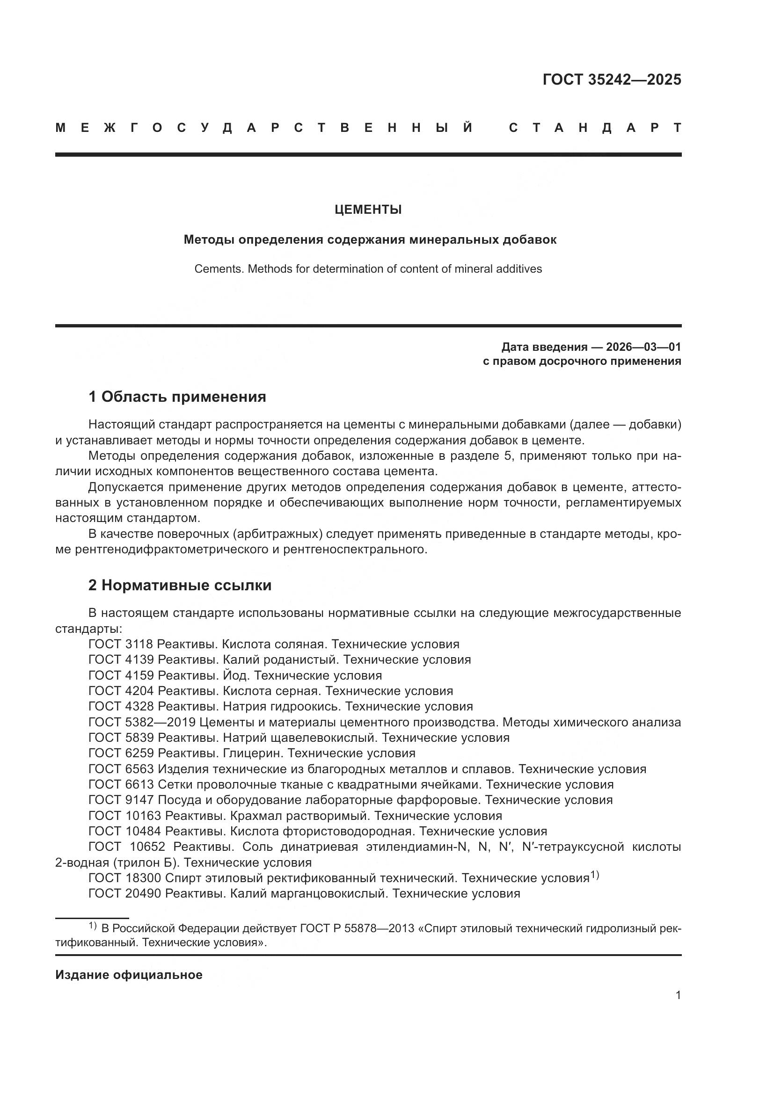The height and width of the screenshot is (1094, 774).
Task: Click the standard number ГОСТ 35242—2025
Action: tap(612, 80)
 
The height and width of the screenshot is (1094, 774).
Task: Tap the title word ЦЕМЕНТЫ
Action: tap(368, 210)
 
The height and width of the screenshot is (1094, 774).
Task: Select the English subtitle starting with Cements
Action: tap(368, 269)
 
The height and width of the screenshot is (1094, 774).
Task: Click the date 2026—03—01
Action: tap(643, 347)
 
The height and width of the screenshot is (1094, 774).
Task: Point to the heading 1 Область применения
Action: tap(177, 397)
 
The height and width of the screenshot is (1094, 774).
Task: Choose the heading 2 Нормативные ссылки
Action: tap(180, 585)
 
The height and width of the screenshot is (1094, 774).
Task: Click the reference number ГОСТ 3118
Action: tap(121, 644)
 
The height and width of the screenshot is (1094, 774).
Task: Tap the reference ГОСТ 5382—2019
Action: tap(142, 722)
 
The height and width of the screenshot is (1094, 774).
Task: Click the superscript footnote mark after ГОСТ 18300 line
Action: tap(594, 874)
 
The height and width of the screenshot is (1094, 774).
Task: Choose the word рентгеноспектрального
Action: tap(354, 550)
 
